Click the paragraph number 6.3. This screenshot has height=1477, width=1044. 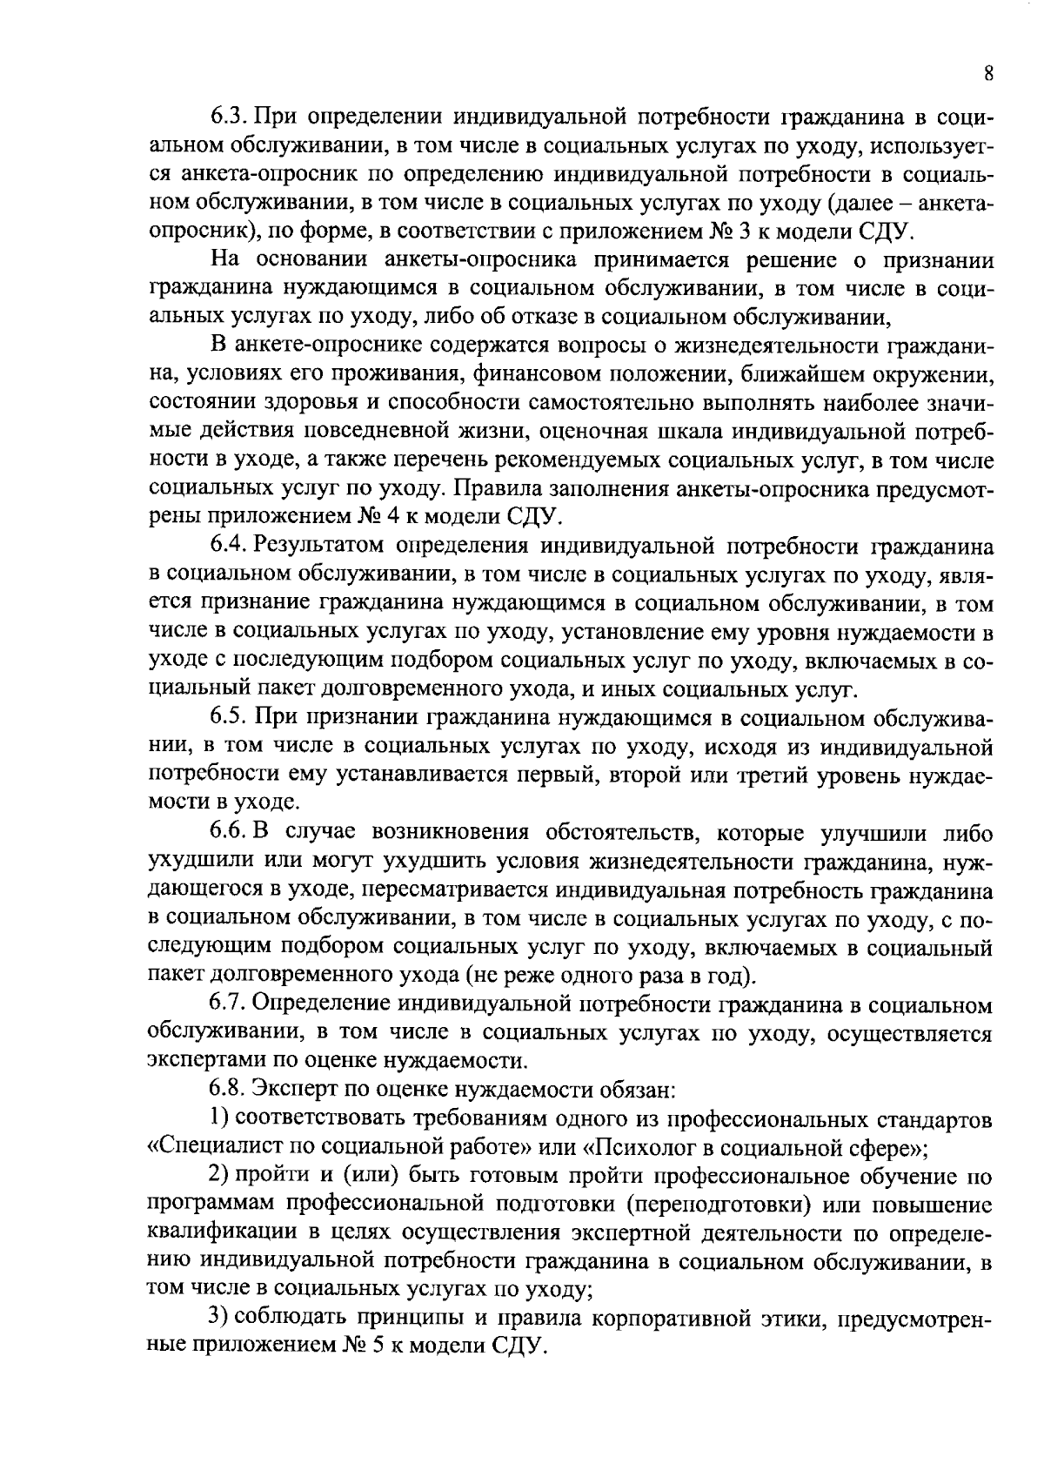coord(229,117)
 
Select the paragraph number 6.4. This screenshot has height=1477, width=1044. coord(229,546)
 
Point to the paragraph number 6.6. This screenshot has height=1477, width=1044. coord(229,832)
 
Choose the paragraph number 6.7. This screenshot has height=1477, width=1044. coord(230,1004)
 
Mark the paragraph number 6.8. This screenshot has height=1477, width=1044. coord(230,1089)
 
